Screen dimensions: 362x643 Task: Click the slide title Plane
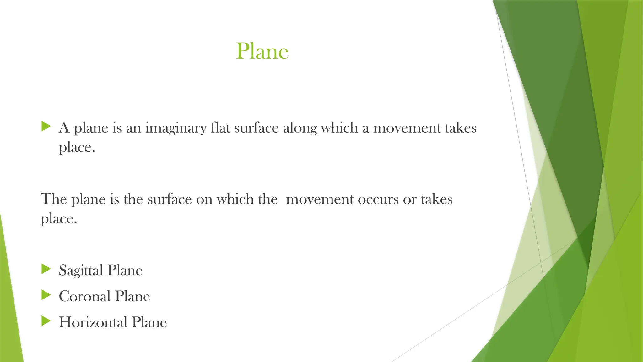[262, 51]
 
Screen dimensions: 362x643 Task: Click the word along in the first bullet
[300, 128]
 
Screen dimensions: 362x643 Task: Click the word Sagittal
[81, 271]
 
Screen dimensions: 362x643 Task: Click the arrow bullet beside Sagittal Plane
[46, 269]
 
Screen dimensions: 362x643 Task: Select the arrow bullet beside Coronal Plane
[46, 295]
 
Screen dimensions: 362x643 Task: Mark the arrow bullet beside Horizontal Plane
[46, 321]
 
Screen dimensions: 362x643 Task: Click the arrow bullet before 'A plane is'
[46, 127]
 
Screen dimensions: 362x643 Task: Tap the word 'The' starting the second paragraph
[54, 199]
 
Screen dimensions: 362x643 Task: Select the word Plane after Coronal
[132, 296]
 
